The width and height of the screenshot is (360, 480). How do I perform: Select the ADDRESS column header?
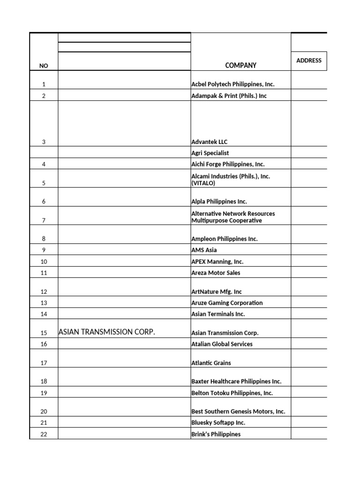click(x=309, y=60)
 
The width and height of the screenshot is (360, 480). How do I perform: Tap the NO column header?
click(x=44, y=66)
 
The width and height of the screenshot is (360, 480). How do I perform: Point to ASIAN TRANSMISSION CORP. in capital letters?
click(x=106, y=332)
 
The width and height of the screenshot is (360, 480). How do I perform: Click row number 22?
click(x=44, y=434)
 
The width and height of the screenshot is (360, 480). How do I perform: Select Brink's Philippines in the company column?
click(x=216, y=434)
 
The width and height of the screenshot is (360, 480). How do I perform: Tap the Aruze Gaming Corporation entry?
click(x=227, y=303)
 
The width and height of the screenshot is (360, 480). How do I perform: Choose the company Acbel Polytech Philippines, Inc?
click(x=232, y=84)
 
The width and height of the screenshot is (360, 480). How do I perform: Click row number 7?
click(x=44, y=220)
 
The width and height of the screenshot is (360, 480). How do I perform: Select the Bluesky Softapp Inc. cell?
click(x=218, y=422)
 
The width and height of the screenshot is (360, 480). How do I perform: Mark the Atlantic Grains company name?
click(x=211, y=363)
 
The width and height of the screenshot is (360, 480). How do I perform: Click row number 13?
click(x=44, y=303)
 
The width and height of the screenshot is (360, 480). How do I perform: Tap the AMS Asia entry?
click(x=204, y=250)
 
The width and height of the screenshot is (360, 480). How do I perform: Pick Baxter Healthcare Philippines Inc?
click(x=236, y=382)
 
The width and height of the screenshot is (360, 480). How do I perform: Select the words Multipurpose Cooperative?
click(x=226, y=220)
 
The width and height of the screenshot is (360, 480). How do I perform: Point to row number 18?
click(x=44, y=382)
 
